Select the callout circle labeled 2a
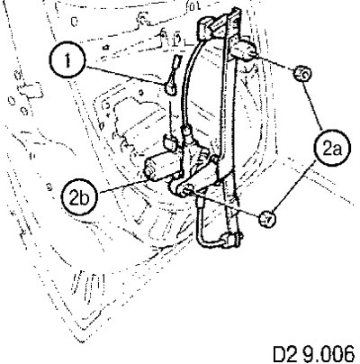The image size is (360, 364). pos(332,148)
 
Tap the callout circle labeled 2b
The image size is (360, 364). pos(79,197)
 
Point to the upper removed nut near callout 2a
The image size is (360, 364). pos(302,74)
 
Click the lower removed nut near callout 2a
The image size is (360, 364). pos(267,219)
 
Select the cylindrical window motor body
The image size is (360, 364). pos(163,166)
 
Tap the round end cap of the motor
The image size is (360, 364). pos(149,172)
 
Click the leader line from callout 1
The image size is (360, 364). pos(125,76)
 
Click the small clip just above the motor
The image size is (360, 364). pos(170,143)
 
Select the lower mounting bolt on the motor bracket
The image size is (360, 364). pos(186,190)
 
